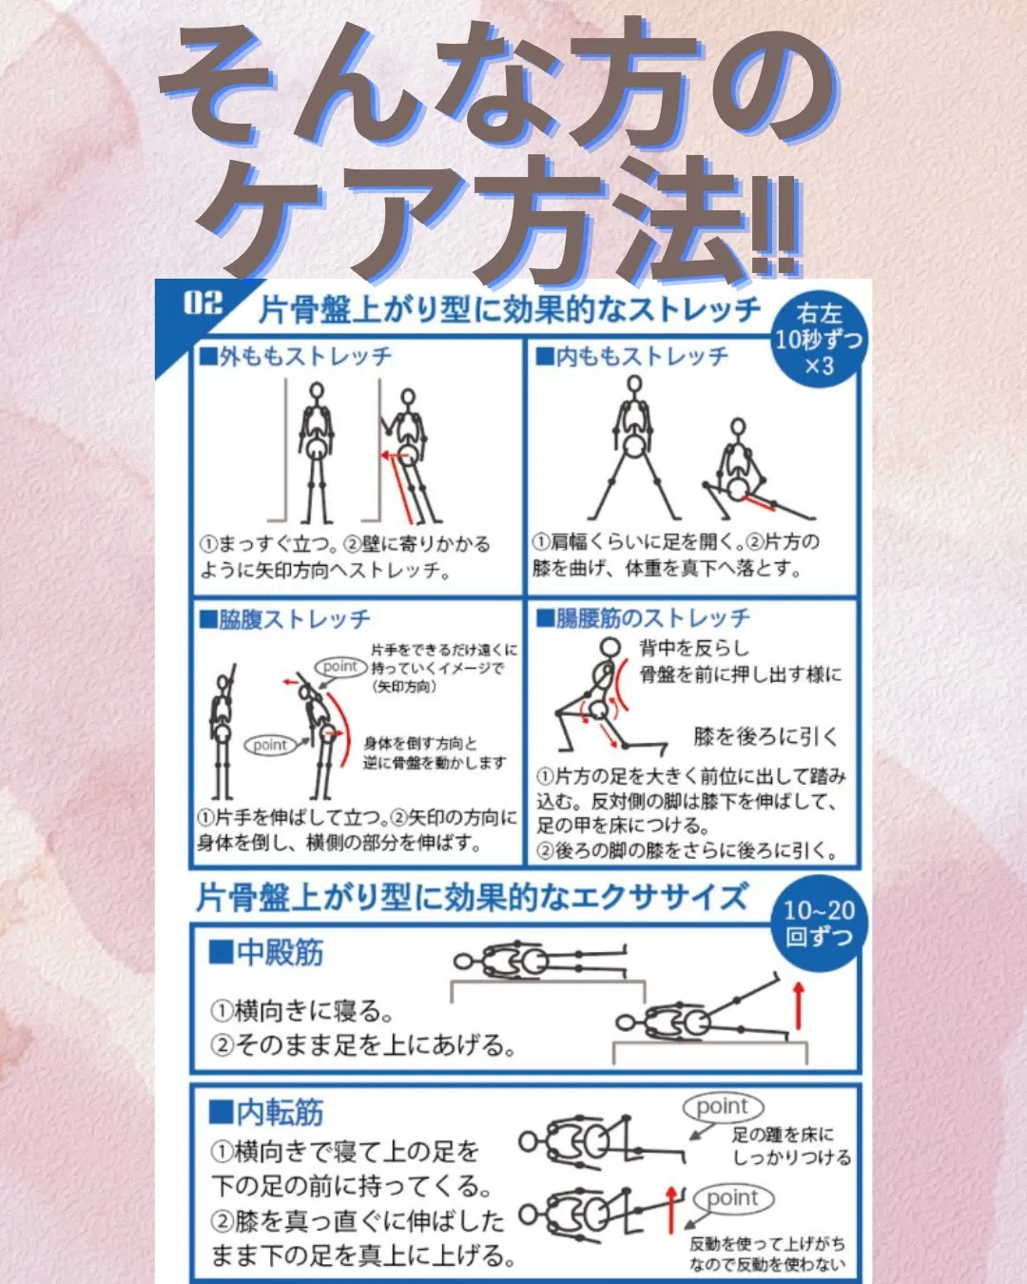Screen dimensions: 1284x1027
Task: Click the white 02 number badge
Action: [203, 303]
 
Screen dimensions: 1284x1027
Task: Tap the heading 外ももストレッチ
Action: [296, 357]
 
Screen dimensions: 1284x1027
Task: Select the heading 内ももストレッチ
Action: [633, 357]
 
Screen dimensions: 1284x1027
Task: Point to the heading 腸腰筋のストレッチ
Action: [644, 619]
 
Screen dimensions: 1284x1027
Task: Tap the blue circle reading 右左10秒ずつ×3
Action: [818, 340]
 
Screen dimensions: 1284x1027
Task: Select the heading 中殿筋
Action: [267, 952]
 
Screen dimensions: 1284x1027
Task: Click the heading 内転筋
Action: [267, 1111]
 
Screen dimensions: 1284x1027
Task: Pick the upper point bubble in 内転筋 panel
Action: [723, 1107]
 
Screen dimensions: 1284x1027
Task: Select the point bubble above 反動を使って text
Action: [733, 1198]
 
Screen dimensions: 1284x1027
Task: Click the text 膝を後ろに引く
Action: [766, 736]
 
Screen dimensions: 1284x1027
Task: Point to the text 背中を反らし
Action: [694, 649]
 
